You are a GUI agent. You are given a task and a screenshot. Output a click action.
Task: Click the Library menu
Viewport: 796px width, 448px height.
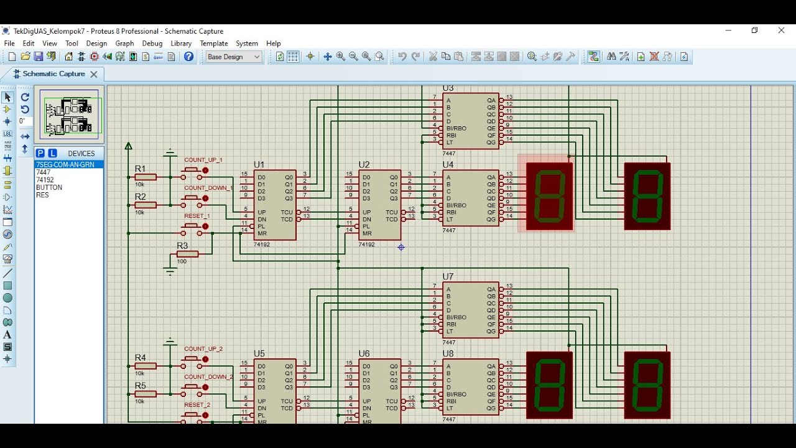tap(181, 44)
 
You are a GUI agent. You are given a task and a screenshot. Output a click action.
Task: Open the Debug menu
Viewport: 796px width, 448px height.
tap(152, 44)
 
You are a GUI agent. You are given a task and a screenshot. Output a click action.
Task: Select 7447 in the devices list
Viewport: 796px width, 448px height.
tap(44, 172)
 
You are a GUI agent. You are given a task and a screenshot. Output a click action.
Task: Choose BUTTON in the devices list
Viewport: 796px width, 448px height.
tap(49, 187)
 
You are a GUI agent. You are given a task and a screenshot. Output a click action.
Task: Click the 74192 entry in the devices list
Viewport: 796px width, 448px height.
tap(45, 180)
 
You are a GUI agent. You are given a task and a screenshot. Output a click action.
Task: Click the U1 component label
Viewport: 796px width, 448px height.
tap(259, 165)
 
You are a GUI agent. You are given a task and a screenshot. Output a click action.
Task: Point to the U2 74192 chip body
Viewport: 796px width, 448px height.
tap(379, 205)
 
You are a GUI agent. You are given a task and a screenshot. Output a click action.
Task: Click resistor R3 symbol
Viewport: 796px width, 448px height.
tap(187, 254)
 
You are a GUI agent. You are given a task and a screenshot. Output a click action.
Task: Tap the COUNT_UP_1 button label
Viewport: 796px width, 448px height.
tap(203, 160)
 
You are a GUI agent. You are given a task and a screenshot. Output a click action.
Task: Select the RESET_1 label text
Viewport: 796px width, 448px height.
tap(197, 216)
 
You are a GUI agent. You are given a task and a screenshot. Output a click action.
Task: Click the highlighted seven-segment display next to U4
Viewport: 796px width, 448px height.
tap(549, 196)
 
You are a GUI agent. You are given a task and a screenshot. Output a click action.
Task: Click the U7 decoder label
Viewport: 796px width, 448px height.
tap(448, 276)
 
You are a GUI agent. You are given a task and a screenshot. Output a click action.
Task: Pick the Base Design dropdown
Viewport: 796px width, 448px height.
tap(234, 57)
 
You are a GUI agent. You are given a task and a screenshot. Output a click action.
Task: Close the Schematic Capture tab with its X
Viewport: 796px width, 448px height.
tap(94, 74)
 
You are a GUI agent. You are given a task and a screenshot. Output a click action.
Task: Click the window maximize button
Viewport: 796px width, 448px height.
tap(754, 30)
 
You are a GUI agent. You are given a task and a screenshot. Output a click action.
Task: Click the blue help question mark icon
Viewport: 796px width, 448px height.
tap(189, 57)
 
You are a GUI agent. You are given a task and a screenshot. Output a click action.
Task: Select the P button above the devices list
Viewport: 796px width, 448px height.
tap(40, 153)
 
